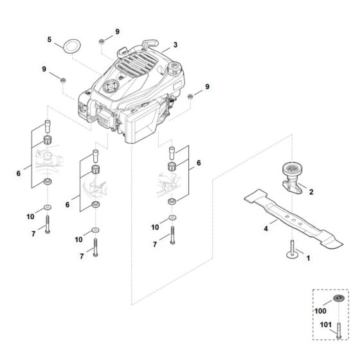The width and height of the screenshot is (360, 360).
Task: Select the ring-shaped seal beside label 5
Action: [69, 46]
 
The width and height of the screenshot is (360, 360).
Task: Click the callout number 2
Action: [310, 192]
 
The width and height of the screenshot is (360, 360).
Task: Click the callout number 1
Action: [307, 258]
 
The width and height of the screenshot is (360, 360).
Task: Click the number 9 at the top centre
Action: [117, 32]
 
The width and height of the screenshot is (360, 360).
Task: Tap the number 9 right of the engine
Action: [207, 86]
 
